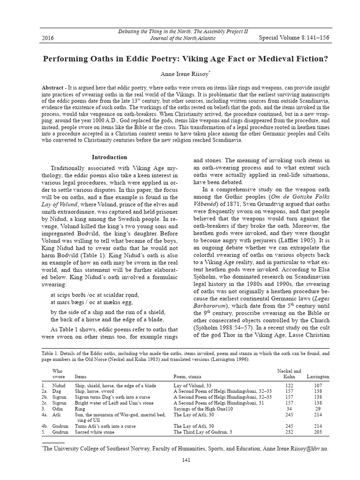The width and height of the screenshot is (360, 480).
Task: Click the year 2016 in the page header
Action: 48,38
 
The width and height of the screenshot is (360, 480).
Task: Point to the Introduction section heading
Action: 109,157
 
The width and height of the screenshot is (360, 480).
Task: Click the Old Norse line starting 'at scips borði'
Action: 95,295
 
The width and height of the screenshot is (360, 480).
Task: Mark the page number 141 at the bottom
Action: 186,460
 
